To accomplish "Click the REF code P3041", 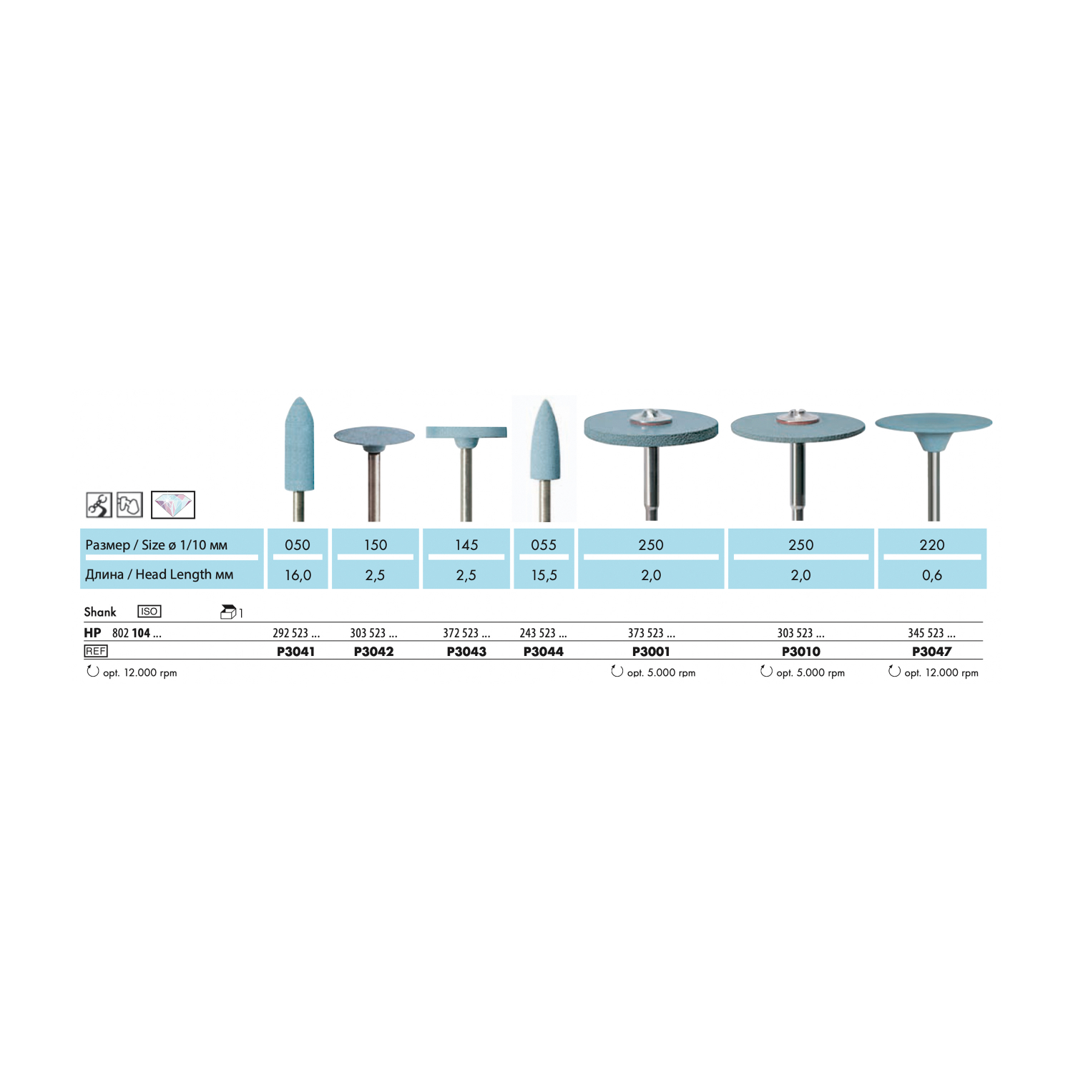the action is pyautogui.click(x=295, y=652).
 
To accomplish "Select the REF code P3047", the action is pyautogui.click(x=931, y=652).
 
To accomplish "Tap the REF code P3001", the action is pyautogui.click(x=651, y=652).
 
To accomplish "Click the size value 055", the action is pyautogui.click(x=544, y=545).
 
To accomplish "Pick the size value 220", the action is pyautogui.click(x=932, y=545).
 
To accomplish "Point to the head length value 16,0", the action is pyautogui.click(x=298, y=575).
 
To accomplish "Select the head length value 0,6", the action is pyautogui.click(x=932, y=575).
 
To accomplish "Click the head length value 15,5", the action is pyautogui.click(x=544, y=575).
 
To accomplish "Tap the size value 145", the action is pyautogui.click(x=466, y=545).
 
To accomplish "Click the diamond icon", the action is pyautogui.click(x=173, y=505).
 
